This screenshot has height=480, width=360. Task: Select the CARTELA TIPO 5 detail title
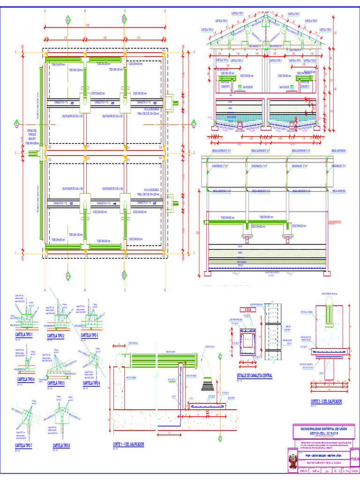(x=59, y=383)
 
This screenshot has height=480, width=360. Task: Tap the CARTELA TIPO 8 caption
(x=61, y=445)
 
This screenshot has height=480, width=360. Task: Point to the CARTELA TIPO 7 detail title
(x=23, y=445)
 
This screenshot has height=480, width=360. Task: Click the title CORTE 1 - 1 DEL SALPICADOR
(x=128, y=444)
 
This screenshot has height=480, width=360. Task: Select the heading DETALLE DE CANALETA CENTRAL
(x=254, y=375)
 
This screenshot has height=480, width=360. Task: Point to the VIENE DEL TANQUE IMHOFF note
(x=32, y=136)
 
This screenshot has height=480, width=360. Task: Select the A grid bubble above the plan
(x=67, y=20)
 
